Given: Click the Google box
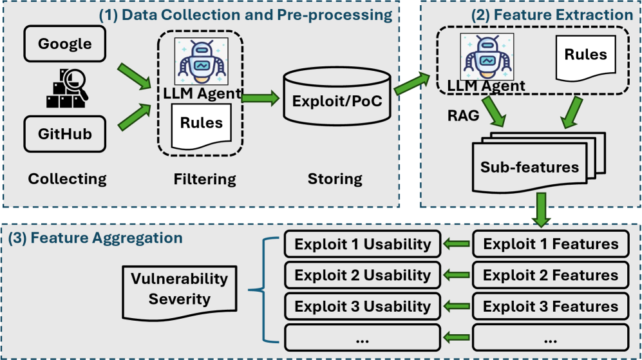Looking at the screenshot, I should [x=65, y=44].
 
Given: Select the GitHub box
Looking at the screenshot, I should [x=65, y=134].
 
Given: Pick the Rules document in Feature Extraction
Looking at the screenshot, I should [x=585, y=57].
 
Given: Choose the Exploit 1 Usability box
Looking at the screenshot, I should [x=363, y=244].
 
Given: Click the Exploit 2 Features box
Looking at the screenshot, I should [x=551, y=276].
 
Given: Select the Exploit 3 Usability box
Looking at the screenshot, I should [x=363, y=307].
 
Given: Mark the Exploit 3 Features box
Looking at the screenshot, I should [x=551, y=307].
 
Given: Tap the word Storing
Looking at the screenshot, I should [x=335, y=178].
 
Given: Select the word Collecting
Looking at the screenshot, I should [x=67, y=178].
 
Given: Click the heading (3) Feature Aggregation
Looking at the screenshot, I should [x=96, y=238].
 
